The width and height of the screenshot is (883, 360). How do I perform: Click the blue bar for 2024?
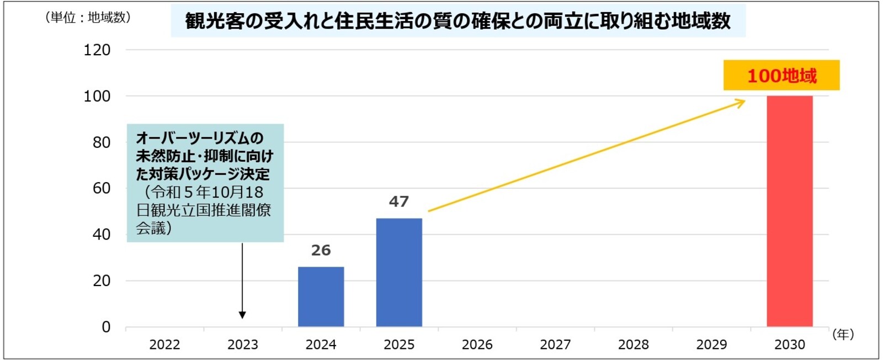pos(321,297)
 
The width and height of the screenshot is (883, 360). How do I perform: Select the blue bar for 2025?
pos(399,272)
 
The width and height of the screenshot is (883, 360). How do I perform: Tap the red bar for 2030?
pos(789,211)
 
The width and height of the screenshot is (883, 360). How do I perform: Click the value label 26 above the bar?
pos(321,250)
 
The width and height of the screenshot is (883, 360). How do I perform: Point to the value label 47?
pos(399,202)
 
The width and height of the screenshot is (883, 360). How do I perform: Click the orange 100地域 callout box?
pos(781,75)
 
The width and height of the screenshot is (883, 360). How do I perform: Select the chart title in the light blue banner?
pos(458,22)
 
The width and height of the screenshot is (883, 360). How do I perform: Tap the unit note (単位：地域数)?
pos(88,18)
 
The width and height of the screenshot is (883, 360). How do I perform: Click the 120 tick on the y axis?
pos(97,50)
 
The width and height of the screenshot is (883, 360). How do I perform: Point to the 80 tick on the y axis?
pos(101,142)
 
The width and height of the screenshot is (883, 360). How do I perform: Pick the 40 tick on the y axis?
pos(101,235)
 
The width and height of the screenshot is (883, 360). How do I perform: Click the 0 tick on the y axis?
pos(106,327)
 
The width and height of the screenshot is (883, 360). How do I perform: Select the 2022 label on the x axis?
pos(164,345)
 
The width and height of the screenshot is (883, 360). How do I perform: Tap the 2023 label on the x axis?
pos(243,345)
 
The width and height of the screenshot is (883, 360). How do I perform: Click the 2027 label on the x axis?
pos(555,345)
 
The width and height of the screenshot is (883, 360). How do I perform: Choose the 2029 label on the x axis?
pos(711,345)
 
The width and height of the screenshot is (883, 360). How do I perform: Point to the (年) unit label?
pos(843,334)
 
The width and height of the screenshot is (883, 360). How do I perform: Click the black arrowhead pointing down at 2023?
pos(242,315)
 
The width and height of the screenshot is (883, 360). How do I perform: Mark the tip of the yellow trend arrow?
pos(744,100)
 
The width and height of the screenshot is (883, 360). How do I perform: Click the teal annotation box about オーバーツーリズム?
pos(205,183)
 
